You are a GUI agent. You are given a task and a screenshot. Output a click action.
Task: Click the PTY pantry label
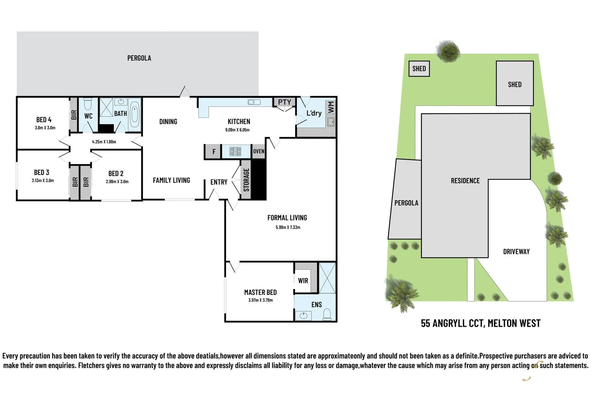284,102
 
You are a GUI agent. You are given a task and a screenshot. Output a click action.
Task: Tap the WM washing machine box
331,107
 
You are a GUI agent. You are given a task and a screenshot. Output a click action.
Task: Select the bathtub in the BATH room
135,114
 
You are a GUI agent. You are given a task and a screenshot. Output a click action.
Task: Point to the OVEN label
259,151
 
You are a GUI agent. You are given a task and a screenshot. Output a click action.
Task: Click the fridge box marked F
213,152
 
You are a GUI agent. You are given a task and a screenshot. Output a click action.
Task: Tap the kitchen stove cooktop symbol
236,152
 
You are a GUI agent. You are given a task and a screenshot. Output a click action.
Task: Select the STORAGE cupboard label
246,180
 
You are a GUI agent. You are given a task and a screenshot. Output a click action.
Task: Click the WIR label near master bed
303,281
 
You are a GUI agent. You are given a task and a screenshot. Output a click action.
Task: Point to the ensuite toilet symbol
327,315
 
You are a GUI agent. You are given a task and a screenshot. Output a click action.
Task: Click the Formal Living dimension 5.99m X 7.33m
288,227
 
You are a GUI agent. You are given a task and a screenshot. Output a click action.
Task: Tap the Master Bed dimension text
260,300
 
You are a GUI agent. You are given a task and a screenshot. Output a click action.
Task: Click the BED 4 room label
44,120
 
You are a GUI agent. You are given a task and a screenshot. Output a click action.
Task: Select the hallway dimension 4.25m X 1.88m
104,142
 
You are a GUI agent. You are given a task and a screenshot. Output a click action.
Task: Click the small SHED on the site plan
419,69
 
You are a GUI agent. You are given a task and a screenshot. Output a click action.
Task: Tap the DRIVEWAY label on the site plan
516,252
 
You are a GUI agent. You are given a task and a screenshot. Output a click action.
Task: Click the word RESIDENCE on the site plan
465,181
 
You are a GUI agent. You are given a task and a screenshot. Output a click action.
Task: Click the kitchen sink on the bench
254,102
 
